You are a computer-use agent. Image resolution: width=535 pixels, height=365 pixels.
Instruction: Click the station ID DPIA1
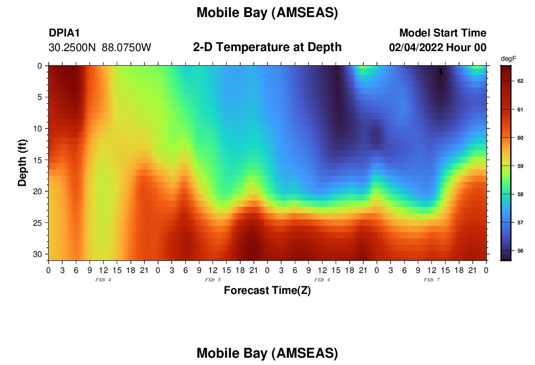click(64, 33)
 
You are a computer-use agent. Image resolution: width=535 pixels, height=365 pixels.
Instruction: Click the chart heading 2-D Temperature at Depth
click(267, 47)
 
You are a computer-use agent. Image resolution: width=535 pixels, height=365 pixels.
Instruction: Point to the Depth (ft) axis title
click(22, 163)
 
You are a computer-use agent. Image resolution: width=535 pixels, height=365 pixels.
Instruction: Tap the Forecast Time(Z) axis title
click(267, 290)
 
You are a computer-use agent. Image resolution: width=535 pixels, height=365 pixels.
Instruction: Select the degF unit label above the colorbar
click(508, 59)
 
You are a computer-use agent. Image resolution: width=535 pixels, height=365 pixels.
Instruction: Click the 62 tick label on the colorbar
click(520, 81)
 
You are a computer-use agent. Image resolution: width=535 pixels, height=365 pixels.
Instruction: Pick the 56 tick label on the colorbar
click(520, 251)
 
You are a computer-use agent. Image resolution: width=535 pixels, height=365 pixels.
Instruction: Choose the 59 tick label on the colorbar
click(520, 166)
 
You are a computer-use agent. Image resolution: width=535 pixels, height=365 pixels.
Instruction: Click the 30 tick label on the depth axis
click(37, 254)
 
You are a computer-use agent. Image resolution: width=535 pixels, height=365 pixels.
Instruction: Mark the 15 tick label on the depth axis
click(37, 160)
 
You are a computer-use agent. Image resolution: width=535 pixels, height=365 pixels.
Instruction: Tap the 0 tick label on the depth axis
click(40, 66)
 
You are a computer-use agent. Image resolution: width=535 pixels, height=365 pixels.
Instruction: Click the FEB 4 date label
click(103, 280)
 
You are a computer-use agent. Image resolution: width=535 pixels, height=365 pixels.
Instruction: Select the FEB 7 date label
click(431, 280)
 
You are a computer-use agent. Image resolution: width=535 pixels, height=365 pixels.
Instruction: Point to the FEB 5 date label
click(213, 280)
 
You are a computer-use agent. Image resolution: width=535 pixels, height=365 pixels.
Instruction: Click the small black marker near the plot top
click(441, 72)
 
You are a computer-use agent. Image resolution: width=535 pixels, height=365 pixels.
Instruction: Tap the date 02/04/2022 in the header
click(416, 48)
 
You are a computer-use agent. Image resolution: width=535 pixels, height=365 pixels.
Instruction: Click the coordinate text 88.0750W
click(126, 48)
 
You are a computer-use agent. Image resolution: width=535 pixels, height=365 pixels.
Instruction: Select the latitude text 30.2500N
click(72, 48)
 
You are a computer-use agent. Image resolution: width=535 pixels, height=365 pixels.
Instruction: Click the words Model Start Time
click(443, 33)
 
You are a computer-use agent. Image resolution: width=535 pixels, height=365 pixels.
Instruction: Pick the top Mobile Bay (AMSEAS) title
click(267, 13)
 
